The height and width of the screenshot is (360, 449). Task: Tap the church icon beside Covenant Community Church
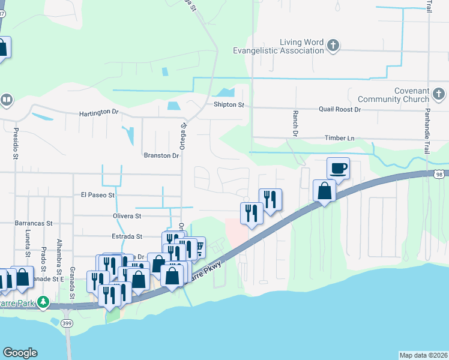coord(439,94)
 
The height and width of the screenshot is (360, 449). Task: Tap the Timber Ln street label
coord(340,139)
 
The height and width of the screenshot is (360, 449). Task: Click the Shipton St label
coord(229,105)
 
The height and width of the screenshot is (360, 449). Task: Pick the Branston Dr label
coord(162,155)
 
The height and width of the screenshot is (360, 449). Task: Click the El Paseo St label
coord(97,195)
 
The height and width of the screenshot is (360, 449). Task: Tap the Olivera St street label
coord(125,215)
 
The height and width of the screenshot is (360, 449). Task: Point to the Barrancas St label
coord(31,223)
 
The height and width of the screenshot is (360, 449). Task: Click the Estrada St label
coord(126,236)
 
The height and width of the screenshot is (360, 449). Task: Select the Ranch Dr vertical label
coord(295,123)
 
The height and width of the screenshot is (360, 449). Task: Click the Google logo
coord(20,353)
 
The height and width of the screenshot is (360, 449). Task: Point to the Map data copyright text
coord(423,355)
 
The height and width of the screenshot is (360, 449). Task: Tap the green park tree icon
coord(43,302)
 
